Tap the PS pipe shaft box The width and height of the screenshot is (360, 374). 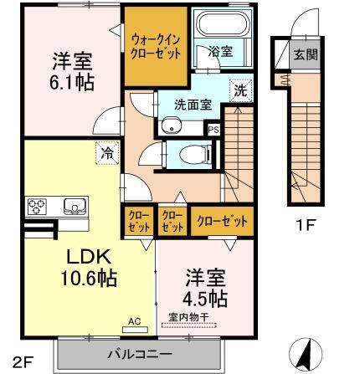[x=213, y=130]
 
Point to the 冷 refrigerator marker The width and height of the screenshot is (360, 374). [x=108, y=152]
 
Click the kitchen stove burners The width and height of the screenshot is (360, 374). [x=40, y=206]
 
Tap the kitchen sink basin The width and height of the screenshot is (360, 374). [x=71, y=206]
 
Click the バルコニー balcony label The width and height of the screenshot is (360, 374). [x=139, y=352]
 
